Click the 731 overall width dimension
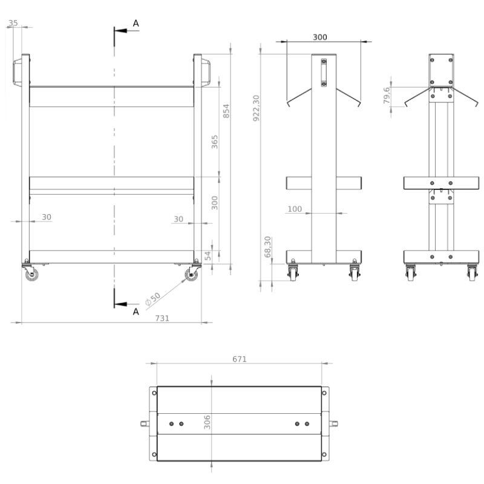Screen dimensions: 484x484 pos(162,318)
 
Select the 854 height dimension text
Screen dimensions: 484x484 pos(226,111)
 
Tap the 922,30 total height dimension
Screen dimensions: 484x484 pos(256,108)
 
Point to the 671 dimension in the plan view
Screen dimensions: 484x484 pos(240,359)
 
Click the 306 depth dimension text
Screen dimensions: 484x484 pos(207,422)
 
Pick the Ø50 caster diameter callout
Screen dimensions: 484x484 pos(153,299)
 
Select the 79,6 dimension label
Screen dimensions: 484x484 pos(387,96)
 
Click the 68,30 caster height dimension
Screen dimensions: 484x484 pos(267,247)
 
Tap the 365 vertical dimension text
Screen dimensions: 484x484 pos(215,142)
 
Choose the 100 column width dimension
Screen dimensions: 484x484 pos(295,209)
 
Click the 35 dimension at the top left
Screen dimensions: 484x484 pos(13,23)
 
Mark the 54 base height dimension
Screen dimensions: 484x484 pos(208,255)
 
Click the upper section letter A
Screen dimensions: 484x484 pos(136,24)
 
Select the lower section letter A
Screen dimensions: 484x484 pos(136,312)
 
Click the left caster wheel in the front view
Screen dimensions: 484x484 pos(31,274)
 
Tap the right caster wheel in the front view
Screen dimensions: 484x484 pos(191,275)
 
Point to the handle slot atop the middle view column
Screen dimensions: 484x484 pos(324,73)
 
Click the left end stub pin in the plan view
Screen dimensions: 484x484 pos(145,423)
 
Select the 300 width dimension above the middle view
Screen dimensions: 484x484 pos(320,37)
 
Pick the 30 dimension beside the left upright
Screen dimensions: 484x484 pos(47,217)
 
